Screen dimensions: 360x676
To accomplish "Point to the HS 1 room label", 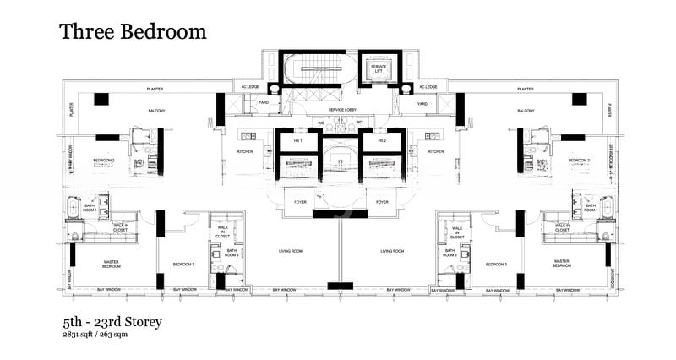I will click(x=297, y=140).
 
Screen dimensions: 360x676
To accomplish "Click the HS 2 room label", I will click(x=382, y=140).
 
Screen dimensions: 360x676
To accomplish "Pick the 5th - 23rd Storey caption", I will click(x=112, y=322).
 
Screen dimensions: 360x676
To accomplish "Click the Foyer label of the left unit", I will click(x=300, y=202).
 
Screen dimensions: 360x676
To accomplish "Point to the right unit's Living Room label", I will click(x=391, y=251).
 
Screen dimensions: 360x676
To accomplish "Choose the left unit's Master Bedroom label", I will click(x=112, y=264).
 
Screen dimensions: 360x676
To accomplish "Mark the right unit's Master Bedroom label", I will click(x=564, y=264).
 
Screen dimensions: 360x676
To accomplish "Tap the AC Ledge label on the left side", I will click(x=248, y=87).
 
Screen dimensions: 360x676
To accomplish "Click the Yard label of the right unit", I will click(x=422, y=104).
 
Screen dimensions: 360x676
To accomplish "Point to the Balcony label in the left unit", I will click(x=154, y=111).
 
